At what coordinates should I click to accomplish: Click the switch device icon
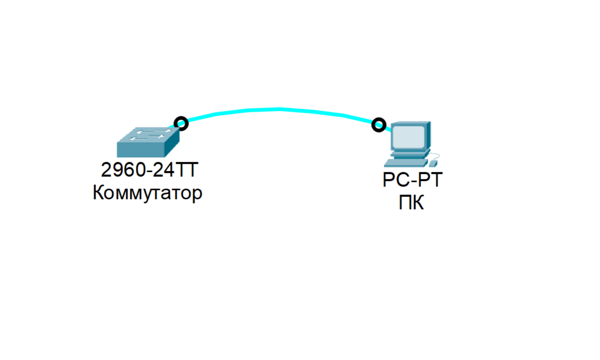148,142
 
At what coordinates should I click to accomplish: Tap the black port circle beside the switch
181,123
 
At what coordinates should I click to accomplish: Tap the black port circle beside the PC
378,124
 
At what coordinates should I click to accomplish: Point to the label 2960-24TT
147,171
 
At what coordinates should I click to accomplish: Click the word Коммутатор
147,193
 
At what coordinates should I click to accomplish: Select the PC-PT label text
412,180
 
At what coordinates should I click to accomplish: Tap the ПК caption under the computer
411,203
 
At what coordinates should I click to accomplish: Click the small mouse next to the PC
433,163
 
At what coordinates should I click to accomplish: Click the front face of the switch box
141,150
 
